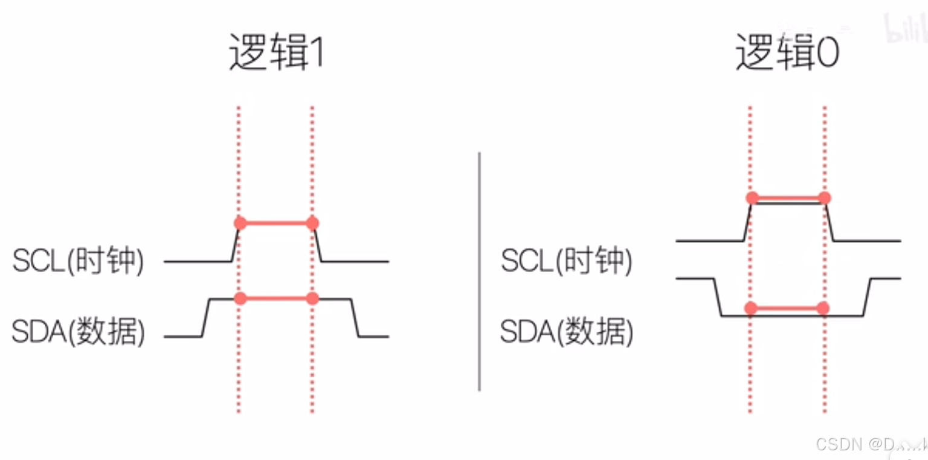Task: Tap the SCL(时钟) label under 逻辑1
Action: [x=79, y=262]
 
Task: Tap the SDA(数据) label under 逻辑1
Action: [x=79, y=332]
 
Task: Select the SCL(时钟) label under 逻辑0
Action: [x=567, y=262]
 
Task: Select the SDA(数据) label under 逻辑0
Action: [x=567, y=332]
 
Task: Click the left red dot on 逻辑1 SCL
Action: [x=240, y=223]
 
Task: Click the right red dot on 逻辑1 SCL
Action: [x=312, y=223]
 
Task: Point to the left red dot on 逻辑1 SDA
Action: [x=240, y=298]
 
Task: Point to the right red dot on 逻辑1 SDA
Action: [x=312, y=298]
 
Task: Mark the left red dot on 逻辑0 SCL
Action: [x=752, y=198]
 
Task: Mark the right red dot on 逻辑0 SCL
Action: [x=825, y=198]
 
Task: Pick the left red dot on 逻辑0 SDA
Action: [x=751, y=308]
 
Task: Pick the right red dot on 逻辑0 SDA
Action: [x=823, y=308]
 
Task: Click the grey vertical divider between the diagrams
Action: [x=479, y=272]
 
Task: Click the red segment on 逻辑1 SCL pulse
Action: [x=276, y=223]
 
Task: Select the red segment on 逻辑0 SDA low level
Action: [x=787, y=308]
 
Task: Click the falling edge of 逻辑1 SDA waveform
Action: [x=355, y=317]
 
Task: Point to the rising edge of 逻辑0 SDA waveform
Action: [x=866, y=297]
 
